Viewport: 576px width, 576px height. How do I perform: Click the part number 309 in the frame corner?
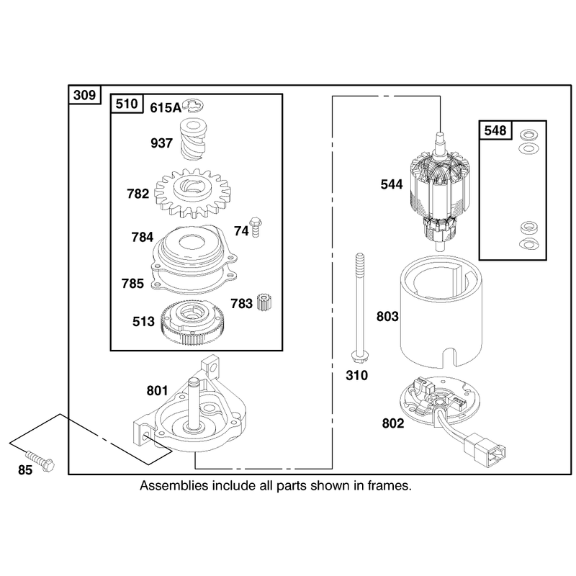pos(84,95)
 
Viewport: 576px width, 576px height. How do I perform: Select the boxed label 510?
pos(127,104)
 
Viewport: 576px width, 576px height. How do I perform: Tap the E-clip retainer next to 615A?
pos(194,105)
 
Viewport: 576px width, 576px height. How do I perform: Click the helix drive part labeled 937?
pos(193,139)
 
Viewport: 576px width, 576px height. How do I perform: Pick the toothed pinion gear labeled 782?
pos(192,193)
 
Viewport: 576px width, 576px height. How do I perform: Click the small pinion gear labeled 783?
pos(264,302)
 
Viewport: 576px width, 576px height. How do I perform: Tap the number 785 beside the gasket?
pos(132,284)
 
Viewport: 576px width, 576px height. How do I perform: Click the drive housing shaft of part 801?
pos(194,403)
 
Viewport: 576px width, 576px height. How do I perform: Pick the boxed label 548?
pos(495,130)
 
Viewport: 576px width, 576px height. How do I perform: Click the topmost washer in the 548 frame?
pos(528,134)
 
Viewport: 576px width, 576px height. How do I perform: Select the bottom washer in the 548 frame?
pos(528,244)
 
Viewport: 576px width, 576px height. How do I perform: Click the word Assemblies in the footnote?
pos(174,486)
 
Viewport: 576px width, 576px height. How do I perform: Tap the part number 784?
pos(142,238)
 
